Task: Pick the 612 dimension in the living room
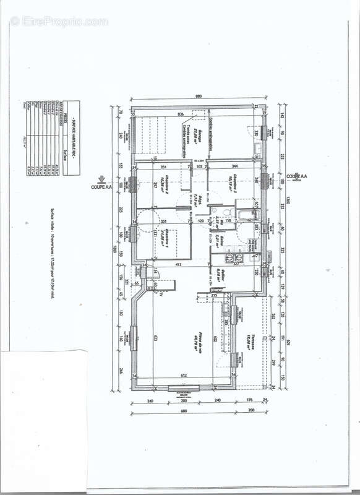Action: coord(184,376)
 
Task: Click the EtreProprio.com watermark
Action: coord(59,21)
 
